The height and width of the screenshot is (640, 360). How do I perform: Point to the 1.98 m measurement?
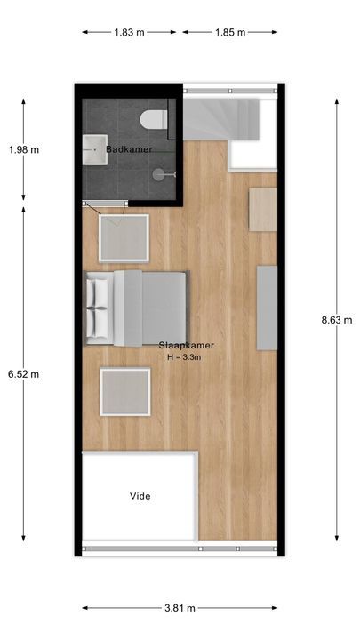(23, 149)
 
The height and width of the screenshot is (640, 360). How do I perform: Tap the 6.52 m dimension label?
(23, 374)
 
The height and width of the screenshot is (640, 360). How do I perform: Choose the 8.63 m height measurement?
(336, 320)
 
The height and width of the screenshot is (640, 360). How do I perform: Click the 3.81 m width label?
(179, 609)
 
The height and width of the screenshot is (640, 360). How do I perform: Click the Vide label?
(139, 496)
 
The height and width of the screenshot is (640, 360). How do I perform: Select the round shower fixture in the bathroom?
(158, 174)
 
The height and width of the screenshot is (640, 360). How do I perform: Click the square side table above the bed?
(124, 236)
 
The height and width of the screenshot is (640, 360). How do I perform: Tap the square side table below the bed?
(124, 392)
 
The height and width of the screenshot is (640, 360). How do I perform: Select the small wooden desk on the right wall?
(262, 210)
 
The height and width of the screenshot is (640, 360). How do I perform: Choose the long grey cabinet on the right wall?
(267, 308)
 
